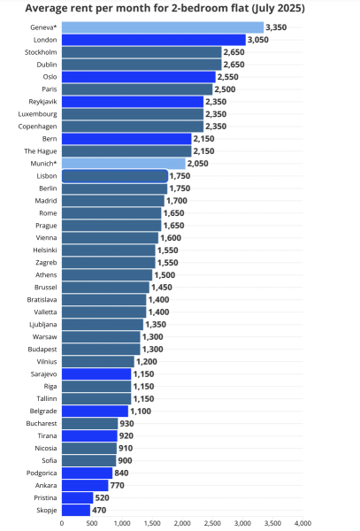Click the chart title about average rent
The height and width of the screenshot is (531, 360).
[x=165, y=8]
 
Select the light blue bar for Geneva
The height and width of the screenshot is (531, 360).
[x=163, y=27]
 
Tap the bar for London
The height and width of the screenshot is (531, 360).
[x=154, y=40]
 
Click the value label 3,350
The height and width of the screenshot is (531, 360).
[x=276, y=27]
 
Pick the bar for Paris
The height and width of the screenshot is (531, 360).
[x=137, y=89]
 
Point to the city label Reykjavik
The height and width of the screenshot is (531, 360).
[x=43, y=102]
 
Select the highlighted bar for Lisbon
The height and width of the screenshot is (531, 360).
[x=115, y=176]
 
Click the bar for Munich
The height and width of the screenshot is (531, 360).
[x=124, y=164]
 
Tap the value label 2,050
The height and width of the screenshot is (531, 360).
[x=198, y=164]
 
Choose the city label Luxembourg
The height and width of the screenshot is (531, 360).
[x=37, y=114]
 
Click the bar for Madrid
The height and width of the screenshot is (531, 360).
[x=112, y=201]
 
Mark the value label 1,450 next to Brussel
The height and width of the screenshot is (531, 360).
[x=162, y=288]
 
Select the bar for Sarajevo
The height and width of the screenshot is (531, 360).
[x=96, y=374]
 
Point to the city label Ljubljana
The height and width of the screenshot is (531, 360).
[x=43, y=325]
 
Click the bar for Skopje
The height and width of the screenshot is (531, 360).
[x=76, y=511]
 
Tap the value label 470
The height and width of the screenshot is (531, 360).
[x=99, y=511]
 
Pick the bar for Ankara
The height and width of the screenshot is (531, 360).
[x=85, y=486]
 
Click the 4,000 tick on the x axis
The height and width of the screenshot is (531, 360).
[x=303, y=524]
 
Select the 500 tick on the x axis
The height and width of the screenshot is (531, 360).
[x=92, y=524]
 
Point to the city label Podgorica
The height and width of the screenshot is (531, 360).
[x=42, y=473]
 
